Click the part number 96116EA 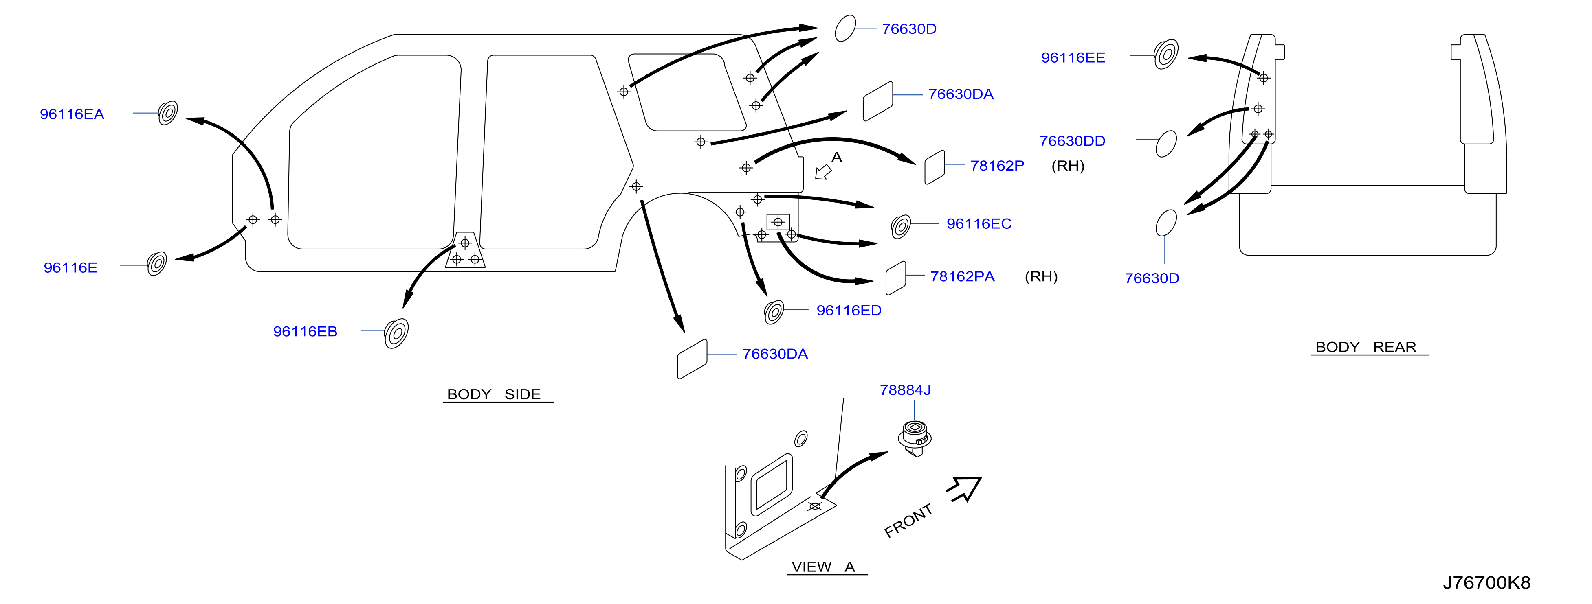tap(72, 114)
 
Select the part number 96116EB tap(305, 332)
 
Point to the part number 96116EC tap(979, 223)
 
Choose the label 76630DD tap(1072, 141)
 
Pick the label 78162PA tap(962, 277)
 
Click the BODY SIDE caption tap(494, 395)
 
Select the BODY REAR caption tap(1366, 347)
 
